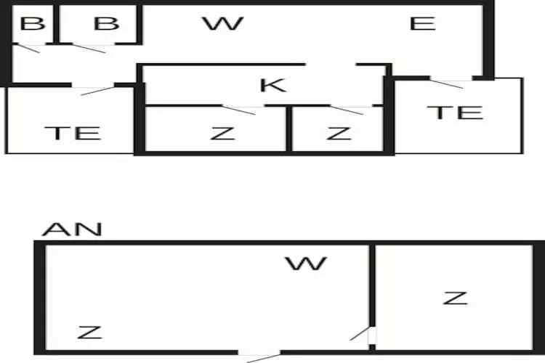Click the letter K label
click(272, 85)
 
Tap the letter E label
click(422, 23)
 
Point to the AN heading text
click(72, 229)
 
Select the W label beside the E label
click(222, 23)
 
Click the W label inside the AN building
click(306, 263)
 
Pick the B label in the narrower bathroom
click(32, 23)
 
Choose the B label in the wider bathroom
click(106, 23)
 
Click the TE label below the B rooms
click(72, 133)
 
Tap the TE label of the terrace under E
click(455, 112)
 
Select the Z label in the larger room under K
click(223, 133)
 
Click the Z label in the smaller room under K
click(339, 133)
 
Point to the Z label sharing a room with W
click(89, 333)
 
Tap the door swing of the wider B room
click(89, 49)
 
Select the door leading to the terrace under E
click(446, 83)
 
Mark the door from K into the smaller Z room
click(347, 110)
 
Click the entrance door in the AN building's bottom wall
click(260, 356)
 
